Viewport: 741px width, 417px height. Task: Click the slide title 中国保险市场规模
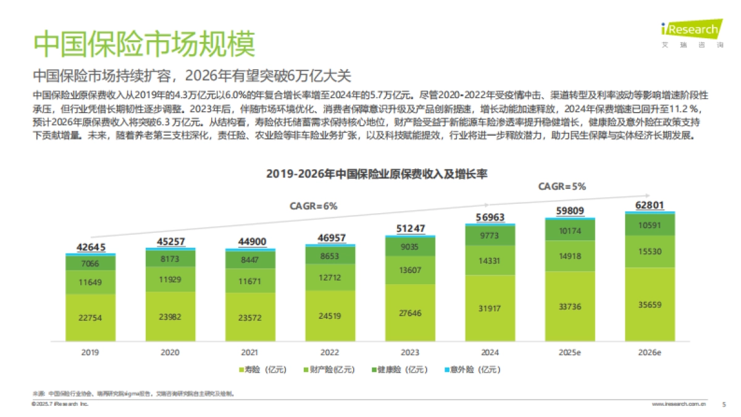coord(143,44)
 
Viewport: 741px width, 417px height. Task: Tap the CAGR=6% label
coord(313,206)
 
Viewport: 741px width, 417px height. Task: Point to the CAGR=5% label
coord(561,186)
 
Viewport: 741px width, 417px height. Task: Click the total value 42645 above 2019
coord(90,247)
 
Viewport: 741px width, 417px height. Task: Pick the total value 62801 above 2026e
coord(650,205)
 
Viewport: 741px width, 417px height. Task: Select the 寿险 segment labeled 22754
coord(90,318)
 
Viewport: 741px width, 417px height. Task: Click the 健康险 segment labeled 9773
coord(490,235)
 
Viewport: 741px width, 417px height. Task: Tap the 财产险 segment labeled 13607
coord(410,270)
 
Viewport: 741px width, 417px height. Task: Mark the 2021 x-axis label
coord(249,352)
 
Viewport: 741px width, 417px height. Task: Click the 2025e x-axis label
coord(569,352)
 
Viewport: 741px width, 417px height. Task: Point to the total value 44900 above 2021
coord(249,242)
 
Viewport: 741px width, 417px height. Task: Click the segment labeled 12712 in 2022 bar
coord(330,277)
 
